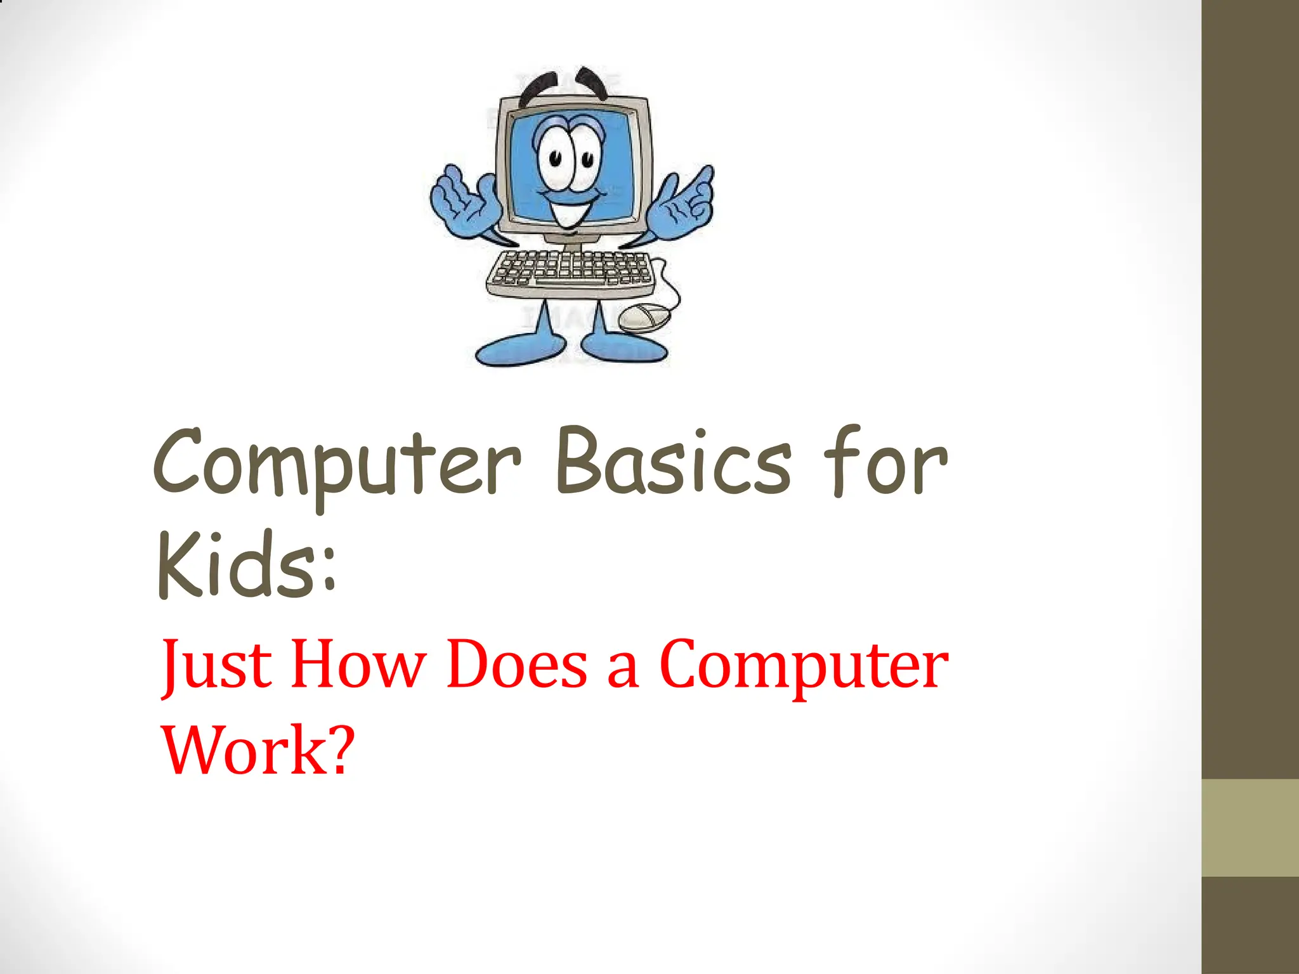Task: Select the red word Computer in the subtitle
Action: pos(804,666)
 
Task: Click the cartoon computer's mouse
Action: pos(643,316)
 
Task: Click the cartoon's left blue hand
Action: pos(462,200)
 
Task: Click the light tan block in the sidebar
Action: pos(1250,828)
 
